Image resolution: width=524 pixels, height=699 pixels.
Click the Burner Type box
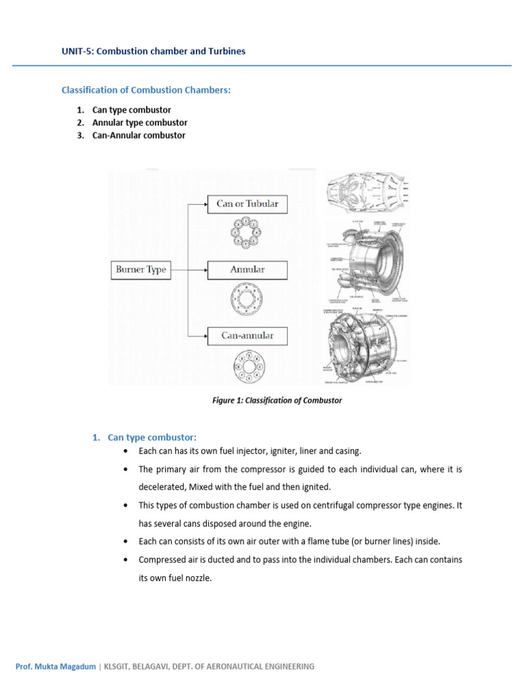[141, 270]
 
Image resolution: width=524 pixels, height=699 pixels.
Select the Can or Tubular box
[247, 203]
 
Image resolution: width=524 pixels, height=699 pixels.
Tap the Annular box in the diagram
[247, 270]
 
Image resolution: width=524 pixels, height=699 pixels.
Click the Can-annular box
[247, 335]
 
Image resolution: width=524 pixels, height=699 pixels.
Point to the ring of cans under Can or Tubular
[246, 235]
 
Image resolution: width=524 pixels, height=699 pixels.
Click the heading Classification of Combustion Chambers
[147, 90]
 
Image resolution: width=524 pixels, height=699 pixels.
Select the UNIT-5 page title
[154, 51]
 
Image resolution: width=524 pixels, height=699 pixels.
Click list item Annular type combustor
[140, 123]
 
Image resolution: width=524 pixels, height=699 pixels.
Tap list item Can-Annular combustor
[139, 135]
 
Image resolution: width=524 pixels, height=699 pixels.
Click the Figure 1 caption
[277, 401]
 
